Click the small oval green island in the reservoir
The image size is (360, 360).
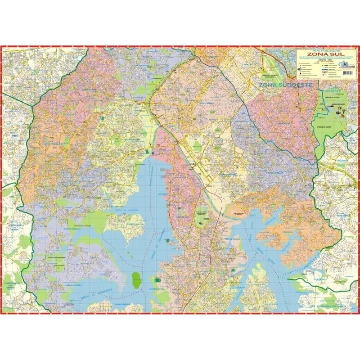pyautogui.click(x=135, y=279)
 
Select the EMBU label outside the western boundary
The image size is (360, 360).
pyautogui.click(x=14, y=135)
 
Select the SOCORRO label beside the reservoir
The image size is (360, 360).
pyautogui.click(x=162, y=195)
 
